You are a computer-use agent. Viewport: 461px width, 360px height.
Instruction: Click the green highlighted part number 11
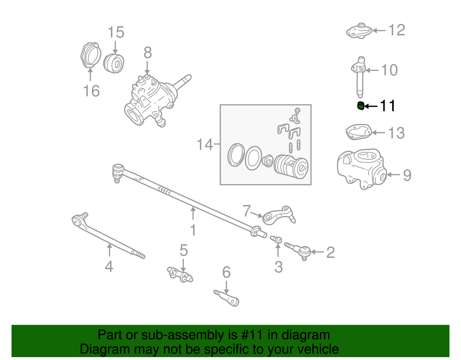click(x=360, y=106)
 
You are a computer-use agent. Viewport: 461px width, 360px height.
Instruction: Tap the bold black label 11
click(x=388, y=106)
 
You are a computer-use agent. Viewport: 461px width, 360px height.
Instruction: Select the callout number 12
click(x=397, y=30)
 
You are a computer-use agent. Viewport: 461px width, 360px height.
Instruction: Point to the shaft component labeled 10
click(x=359, y=76)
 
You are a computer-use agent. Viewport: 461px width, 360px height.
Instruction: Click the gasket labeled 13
click(x=358, y=132)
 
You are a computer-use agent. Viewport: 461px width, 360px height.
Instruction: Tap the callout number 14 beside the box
click(x=205, y=144)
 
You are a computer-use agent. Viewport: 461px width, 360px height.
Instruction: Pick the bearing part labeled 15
click(x=114, y=63)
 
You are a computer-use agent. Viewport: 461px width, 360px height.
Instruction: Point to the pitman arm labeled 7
click(x=278, y=216)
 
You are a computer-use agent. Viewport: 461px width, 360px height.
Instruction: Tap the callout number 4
click(x=109, y=266)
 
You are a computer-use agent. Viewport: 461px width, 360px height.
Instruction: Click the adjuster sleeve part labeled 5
click(x=180, y=275)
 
